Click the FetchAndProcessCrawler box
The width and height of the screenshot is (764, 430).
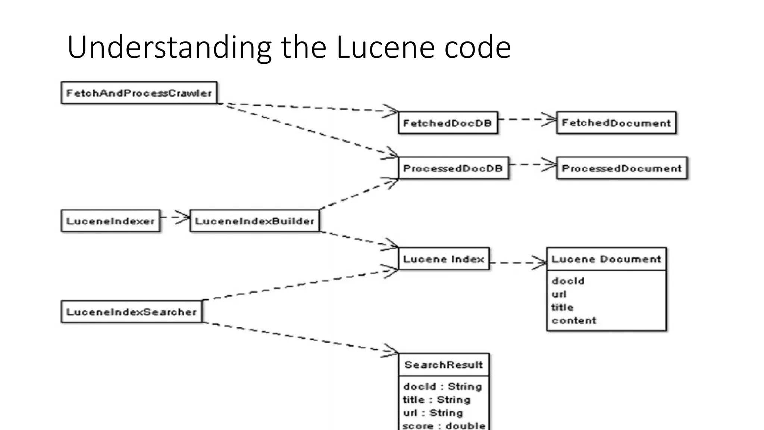click(x=139, y=93)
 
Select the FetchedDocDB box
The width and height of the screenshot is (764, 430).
click(x=448, y=123)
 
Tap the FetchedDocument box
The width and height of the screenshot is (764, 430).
click(x=616, y=123)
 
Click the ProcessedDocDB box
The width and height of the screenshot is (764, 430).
click(x=453, y=168)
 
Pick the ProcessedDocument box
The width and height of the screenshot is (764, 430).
click(x=621, y=168)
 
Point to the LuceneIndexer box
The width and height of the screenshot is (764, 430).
click(x=110, y=221)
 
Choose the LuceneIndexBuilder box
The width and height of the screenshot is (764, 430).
click(x=255, y=221)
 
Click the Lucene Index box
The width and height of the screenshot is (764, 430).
click(x=444, y=259)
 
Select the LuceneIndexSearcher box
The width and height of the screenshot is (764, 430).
click(x=131, y=312)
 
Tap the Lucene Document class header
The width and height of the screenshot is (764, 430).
click(x=606, y=259)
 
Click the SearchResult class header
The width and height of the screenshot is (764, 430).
click(x=444, y=365)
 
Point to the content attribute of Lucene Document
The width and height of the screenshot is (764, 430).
click(x=574, y=321)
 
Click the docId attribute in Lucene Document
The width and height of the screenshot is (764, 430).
click(x=568, y=281)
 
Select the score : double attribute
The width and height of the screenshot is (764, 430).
click(x=444, y=426)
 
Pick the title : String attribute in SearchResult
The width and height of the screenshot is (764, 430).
click(x=437, y=400)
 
